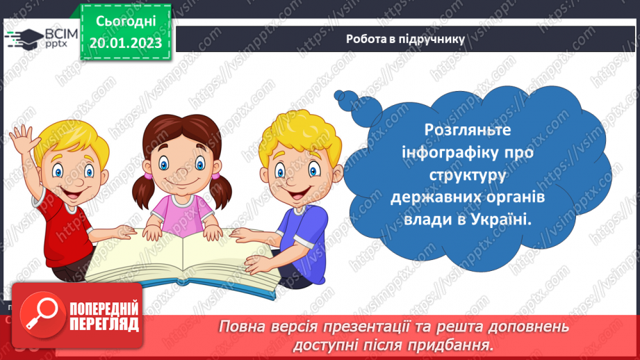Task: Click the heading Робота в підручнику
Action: [405, 39]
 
